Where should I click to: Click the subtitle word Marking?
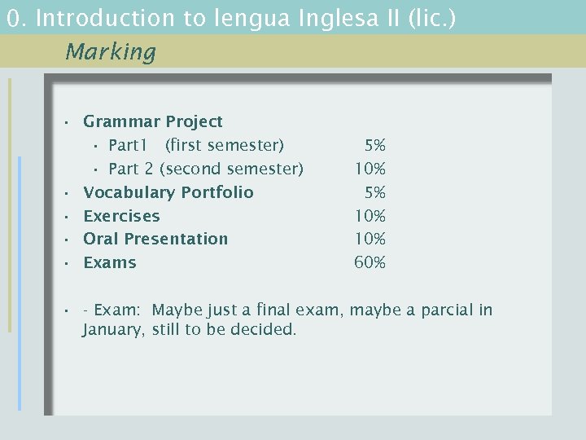pos(110,52)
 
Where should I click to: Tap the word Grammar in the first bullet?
pos(122,122)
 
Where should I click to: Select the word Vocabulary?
pos(128,193)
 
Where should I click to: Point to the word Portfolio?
pos(217,193)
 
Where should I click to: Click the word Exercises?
pos(121,216)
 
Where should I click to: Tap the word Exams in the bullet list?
pos(110,263)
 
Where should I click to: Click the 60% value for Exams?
pos(370,263)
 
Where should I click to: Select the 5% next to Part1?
pos(375,146)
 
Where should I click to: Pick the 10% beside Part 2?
pos(370,169)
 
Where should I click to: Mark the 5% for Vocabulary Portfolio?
pos(375,193)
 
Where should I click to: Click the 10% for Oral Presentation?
pos(370,240)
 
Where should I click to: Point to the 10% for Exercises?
pos(370,216)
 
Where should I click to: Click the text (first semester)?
pos(225,146)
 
